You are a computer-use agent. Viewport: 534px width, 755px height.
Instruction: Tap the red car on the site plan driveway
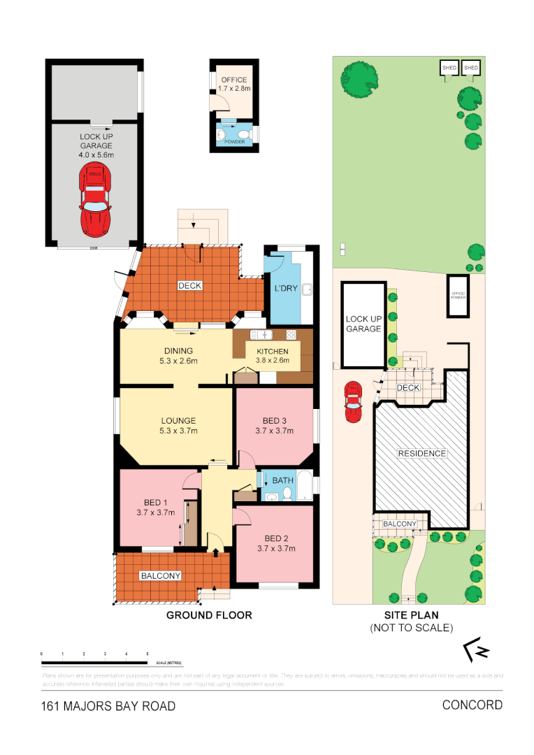coord(354,402)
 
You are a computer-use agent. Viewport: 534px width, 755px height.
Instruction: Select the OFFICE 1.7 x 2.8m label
coord(233,85)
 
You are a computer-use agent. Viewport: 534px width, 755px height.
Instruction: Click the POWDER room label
coord(233,142)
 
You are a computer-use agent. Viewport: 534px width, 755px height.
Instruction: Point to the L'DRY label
coord(283,288)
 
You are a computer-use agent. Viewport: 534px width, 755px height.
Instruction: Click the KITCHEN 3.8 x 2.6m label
coord(273,356)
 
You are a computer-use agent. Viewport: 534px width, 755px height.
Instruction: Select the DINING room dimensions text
coord(178,361)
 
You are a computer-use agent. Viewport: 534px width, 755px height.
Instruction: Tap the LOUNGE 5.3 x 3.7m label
coord(179,426)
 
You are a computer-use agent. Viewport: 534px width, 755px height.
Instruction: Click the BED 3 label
coord(274,426)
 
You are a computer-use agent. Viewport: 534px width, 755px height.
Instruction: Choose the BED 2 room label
coord(276,543)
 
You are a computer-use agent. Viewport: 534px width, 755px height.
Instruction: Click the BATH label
coord(282,480)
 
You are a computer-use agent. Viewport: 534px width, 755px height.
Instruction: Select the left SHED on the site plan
coord(449,68)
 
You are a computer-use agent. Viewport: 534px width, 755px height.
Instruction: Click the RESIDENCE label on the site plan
coord(421,454)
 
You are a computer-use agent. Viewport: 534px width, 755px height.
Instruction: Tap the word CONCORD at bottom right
coord(472,705)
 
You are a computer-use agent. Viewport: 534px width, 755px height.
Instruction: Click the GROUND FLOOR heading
coord(208,615)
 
